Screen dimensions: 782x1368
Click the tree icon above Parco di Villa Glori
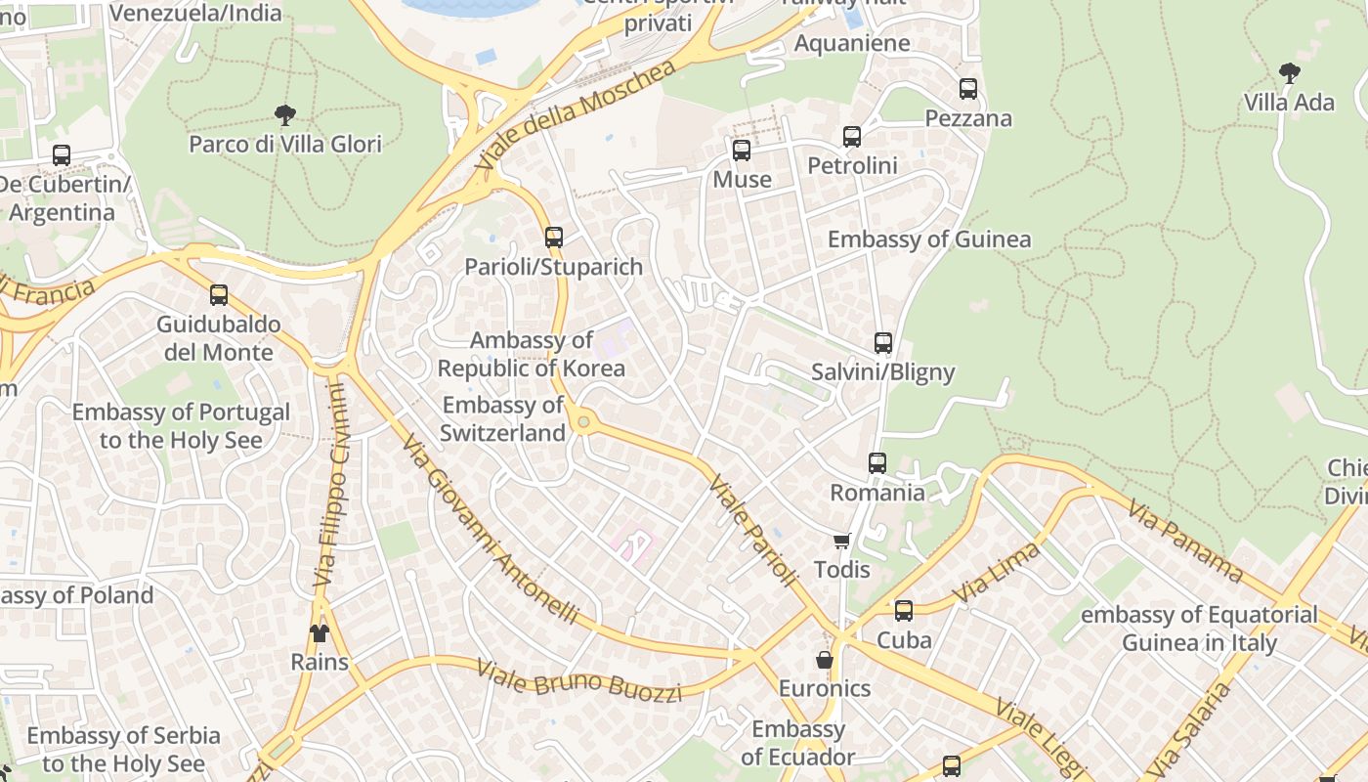(284, 115)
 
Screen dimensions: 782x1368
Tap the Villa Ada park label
(1289, 103)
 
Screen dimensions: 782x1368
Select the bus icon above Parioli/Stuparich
(554, 237)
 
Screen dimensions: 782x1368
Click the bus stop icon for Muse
(742, 151)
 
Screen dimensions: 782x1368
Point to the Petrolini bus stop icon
(852, 137)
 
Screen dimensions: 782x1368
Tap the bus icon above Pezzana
(968, 89)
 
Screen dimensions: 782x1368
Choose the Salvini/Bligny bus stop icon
(883, 343)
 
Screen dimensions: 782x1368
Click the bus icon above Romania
(877, 463)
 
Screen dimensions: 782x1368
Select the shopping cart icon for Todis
(841, 541)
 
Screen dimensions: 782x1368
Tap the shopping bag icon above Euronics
(825, 660)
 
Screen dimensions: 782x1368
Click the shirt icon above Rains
(320, 632)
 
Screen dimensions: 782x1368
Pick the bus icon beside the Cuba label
(904, 611)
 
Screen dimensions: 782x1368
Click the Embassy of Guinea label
(928, 239)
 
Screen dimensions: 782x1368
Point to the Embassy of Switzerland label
(503, 418)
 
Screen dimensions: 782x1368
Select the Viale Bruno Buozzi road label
(578, 681)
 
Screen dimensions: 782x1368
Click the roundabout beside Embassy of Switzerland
(584, 422)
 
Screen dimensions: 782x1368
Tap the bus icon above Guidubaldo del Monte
(219, 295)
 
